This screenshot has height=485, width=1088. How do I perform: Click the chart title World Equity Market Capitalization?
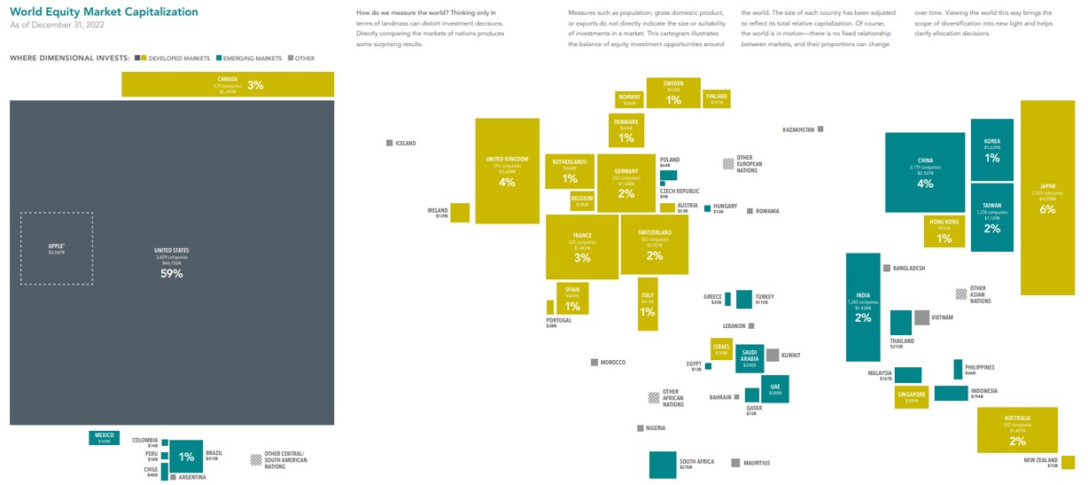click(x=104, y=12)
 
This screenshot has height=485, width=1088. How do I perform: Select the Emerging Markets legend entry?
click(x=251, y=59)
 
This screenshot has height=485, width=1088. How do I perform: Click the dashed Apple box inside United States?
click(x=57, y=248)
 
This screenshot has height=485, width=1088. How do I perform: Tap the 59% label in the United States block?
click(x=171, y=274)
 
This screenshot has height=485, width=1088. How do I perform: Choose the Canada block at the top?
click(x=228, y=84)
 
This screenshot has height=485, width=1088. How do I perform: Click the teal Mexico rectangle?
click(x=104, y=437)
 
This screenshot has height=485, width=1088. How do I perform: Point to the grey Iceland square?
click(x=389, y=143)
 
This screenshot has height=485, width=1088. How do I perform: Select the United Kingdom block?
click(x=507, y=170)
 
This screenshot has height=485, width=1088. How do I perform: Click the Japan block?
click(x=1047, y=197)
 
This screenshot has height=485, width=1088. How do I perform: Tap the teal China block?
click(x=924, y=173)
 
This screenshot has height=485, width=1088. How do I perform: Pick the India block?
click(x=863, y=307)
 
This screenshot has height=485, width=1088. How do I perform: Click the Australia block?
click(x=1017, y=430)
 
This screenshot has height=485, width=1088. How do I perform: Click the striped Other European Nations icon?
click(x=727, y=163)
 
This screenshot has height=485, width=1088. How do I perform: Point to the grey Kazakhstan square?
click(x=820, y=129)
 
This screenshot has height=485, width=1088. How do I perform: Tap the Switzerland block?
click(x=654, y=244)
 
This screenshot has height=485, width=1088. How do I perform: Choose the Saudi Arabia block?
click(x=750, y=358)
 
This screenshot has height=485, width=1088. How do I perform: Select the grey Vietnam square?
click(x=921, y=317)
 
